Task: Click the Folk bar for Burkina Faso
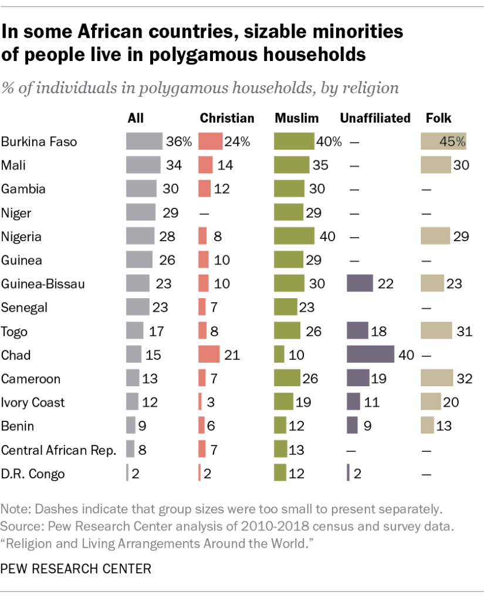pos(443,141)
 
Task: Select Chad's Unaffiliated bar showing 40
pos(370,354)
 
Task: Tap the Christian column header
pos(227,118)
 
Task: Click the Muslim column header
pos(297,118)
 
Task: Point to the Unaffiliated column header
pos(375,118)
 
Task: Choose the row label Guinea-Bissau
pos(43,284)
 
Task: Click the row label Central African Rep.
pos(59,450)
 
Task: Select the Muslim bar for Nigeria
pos(294,237)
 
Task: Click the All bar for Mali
pos(143,166)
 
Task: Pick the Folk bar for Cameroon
pos(436,379)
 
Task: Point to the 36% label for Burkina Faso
pos(178,142)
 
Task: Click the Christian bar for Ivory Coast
pos(200,403)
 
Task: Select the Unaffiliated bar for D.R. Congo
pos(348,474)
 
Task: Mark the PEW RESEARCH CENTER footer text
pos(76,568)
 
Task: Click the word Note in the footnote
pos(14,507)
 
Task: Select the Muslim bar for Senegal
pos(286,308)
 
